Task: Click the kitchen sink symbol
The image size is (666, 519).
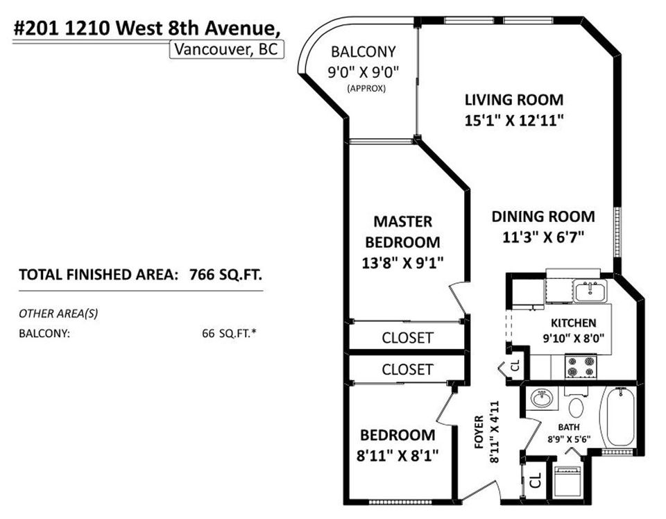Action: [590, 290]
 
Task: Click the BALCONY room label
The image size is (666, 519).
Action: [363, 51]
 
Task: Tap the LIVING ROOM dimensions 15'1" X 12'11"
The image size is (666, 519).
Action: [513, 120]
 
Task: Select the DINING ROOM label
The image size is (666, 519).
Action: [543, 216]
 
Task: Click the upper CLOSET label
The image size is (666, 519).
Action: [407, 338]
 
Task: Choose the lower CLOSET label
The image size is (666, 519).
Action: [407, 369]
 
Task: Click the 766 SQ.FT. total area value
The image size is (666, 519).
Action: [226, 274]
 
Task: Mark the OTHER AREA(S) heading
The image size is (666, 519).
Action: [58, 314]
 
